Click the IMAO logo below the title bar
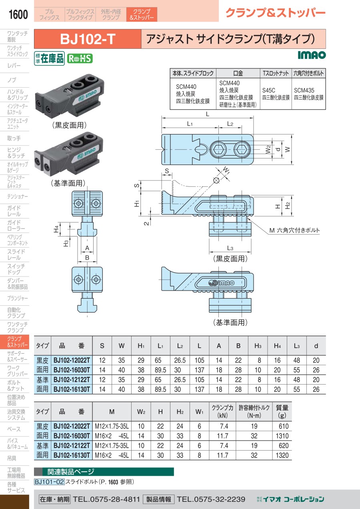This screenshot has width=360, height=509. point(312,55)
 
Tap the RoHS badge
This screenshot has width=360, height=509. point(80,58)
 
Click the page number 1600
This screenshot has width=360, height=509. point(18,15)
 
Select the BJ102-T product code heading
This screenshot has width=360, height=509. point(88,39)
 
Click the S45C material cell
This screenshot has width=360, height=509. point(276,94)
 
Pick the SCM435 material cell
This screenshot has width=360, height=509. point(308,94)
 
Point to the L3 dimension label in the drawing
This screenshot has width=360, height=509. point(230,249)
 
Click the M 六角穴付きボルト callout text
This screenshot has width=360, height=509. point(295,230)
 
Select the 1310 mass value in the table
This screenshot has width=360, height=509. point(282,435)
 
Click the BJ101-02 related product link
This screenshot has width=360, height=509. point(49,482)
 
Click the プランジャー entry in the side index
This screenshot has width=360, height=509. point(18,298)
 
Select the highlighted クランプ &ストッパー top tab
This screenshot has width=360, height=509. point(142,15)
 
